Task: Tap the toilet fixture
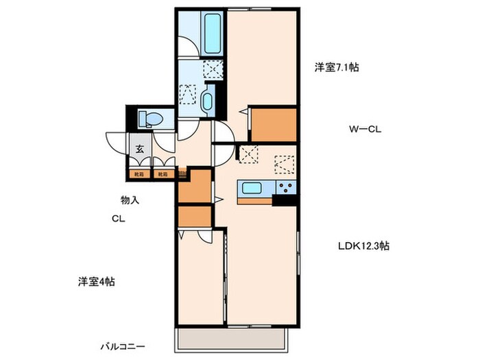149,119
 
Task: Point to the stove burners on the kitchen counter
285,188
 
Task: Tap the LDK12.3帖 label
363,245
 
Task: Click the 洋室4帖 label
95,281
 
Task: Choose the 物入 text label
130,200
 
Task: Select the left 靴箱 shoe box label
139,174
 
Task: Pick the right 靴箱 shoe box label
163,174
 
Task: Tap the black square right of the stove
285,200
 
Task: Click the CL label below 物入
119,220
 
